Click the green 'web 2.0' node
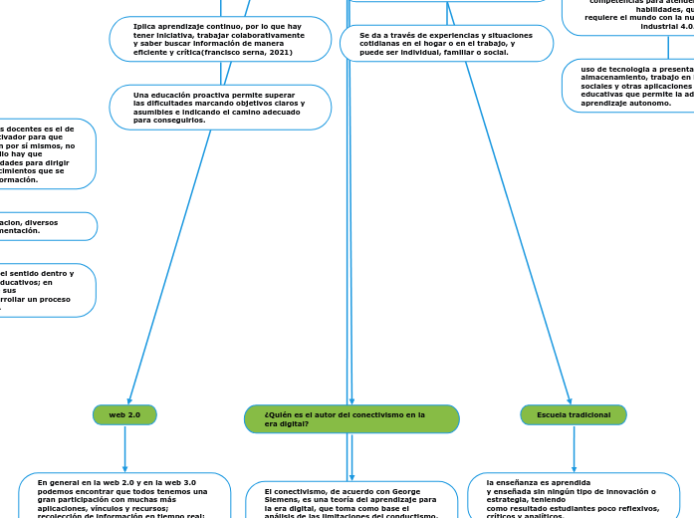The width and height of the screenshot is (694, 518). (x=124, y=414)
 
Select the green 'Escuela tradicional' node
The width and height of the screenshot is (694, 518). (x=574, y=414)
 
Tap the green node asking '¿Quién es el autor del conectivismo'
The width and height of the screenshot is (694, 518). (x=351, y=419)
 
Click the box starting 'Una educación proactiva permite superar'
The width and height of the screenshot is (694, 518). (x=220, y=108)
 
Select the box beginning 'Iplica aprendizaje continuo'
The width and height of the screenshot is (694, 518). (x=220, y=39)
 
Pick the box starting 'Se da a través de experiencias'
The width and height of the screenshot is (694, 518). (x=446, y=44)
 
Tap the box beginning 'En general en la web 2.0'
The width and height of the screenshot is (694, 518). (x=124, y=495)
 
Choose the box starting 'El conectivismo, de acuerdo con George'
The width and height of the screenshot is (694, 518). (x=351, y=500)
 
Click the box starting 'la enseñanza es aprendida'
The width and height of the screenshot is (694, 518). (x=574, y=495)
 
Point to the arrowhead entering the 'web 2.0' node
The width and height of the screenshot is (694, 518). (x=129, y=400)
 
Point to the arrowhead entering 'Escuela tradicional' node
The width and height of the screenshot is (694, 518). (x=570, y=400)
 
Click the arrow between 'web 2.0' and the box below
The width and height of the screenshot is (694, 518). (x=124, y=448)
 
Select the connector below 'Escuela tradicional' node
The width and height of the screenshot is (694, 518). (x=574, y=448)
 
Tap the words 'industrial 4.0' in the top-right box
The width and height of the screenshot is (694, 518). (x=666, y=26)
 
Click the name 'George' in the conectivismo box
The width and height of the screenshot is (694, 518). (x=404, y=492)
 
